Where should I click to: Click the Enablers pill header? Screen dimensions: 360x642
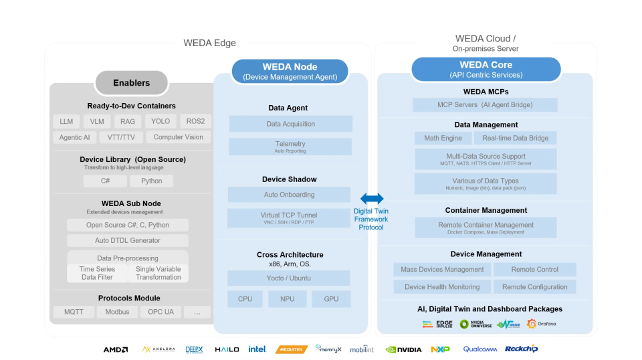point(131,83)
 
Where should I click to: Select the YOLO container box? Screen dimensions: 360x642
point(160,121)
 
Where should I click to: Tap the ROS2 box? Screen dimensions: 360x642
point(195,121)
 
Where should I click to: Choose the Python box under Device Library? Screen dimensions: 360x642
point(151,181)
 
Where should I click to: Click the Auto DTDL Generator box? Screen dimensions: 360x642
point(127,240)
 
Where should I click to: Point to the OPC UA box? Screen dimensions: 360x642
point(160,312)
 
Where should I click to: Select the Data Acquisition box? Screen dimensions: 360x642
point(290,124)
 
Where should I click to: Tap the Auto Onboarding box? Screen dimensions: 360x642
point(289,195)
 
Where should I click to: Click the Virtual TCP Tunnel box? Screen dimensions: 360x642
point(289,218)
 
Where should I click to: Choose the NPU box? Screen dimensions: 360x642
point(288,298)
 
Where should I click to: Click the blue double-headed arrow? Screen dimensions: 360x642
point(372,199)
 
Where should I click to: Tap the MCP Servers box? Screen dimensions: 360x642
point(485,105)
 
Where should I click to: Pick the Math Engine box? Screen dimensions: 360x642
point(443,138)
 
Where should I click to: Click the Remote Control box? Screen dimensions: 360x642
point(534,270)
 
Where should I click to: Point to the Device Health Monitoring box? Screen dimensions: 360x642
point(442,287)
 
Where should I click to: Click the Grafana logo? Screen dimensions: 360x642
point(541,324)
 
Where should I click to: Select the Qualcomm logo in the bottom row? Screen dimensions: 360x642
point(479,349)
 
